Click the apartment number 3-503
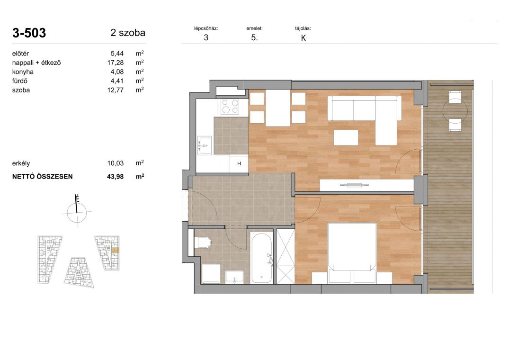click(29, 33)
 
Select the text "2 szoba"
click(128, 33)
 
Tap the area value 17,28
click(116, 63)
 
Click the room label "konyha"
click(23, 72)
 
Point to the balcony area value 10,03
click(116, 163)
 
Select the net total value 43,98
click(116, 177)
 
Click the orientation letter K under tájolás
click(304, 38)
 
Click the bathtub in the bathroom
click(261, 258)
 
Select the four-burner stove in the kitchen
click(230, 107)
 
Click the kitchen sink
click(205, 145)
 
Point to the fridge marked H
click(239, 163)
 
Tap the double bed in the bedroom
click(352, 253)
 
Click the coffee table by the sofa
click(346, 137)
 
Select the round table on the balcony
click(455, 111)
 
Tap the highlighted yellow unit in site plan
click(115, 250)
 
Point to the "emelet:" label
click(255, 28)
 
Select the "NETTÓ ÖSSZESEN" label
click(43, 177)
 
